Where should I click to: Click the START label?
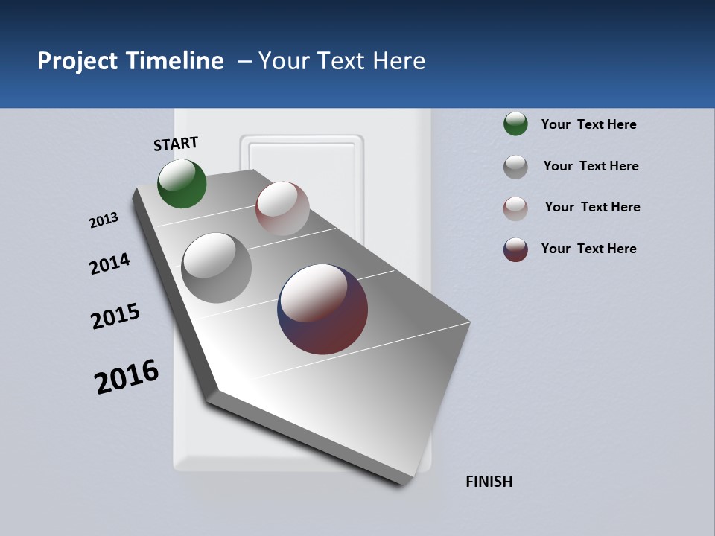[176, 144]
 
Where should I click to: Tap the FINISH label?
[489, 482]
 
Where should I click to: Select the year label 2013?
[104, 220]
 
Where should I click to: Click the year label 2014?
[109, 264]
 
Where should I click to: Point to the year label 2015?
[115, 316]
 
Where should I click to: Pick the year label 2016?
[127, 376]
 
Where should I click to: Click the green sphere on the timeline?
[182, 184]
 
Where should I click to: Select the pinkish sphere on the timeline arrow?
[282, 208]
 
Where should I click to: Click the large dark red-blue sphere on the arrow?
[322, 309]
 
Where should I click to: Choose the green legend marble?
[515, 124]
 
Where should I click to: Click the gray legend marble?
[515, 167]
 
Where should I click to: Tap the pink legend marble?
[515, 208]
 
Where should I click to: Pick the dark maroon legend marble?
[515, 249]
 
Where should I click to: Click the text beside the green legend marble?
[588, 125]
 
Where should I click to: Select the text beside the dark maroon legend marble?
[588, 249]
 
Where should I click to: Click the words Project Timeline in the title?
[130, 61]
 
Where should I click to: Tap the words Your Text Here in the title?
[342, 61]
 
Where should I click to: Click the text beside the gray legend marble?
[591, 166]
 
